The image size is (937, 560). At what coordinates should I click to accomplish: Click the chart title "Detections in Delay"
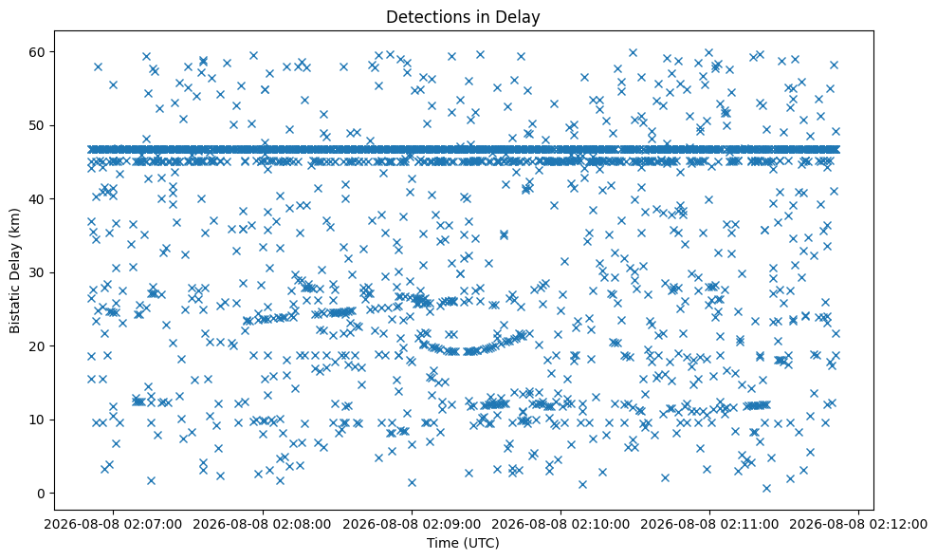(463, 17)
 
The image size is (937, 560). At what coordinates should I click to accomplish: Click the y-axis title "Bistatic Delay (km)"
(15, 271)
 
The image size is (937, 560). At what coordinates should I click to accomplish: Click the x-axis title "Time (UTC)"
(463, 543)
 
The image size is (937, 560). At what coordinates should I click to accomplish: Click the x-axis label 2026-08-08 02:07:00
(113, 525)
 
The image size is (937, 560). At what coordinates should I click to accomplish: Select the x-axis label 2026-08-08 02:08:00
(263, 525)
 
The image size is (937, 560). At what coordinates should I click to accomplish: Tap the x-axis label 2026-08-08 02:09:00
(412, 525)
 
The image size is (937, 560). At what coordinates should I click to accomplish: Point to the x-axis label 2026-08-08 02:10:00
(560, 525)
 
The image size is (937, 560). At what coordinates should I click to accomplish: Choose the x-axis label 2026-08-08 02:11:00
(710, 525)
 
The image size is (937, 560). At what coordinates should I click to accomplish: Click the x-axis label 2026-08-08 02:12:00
(859, 525)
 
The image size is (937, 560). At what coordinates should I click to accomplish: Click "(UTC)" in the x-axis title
(482, 543)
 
